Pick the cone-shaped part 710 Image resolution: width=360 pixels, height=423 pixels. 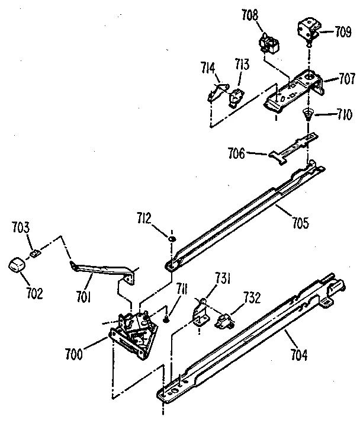308,114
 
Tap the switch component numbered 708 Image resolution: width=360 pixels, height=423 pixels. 269,43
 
